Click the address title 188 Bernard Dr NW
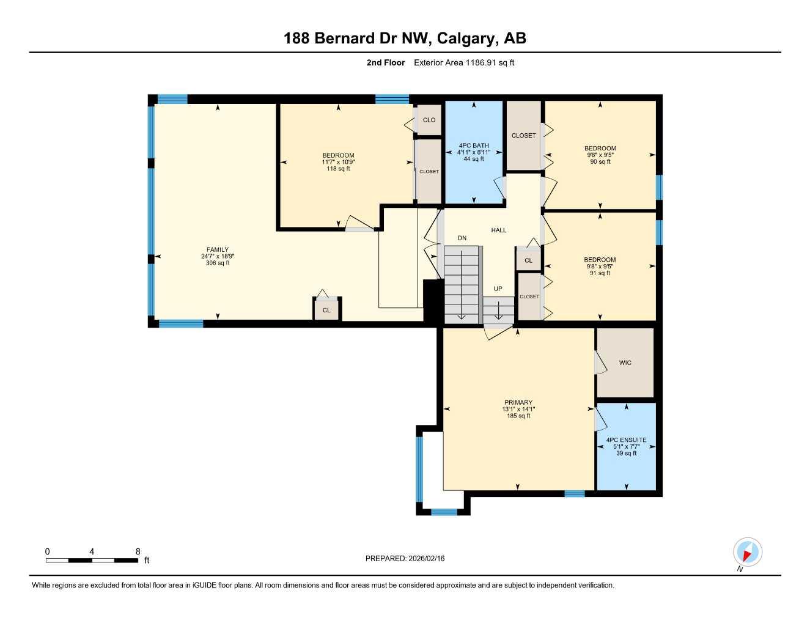tap(404, 39)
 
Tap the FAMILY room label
tap(217, 249)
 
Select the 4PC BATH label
tap(474, 145)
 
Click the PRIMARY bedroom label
tap(518, 403)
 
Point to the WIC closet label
tap(625, 363)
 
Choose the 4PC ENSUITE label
tap(626, 440)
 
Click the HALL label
tap(499, 230)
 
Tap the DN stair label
tap(462, 238)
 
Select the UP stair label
tap(498, 289)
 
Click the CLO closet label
tap(429, 120)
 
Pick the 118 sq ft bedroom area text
tap(338, 169)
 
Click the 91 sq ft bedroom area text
tap(600, 273)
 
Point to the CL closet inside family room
tap(326, 311)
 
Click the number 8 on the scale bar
tap(138, 551)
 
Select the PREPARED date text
tap(405, 558)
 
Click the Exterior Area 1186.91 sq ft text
tap(464, 62)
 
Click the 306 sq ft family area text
tap(218, 263)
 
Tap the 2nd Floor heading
tap(385, 62)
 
